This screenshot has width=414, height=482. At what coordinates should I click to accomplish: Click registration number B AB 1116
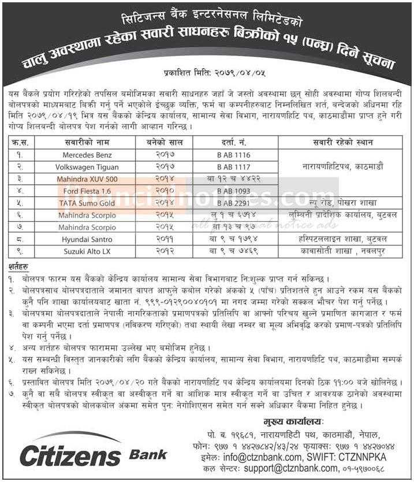tap(235, 155)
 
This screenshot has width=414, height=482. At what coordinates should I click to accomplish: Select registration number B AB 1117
tap(235, 167)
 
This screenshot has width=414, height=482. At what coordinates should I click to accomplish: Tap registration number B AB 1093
tap(235, 191)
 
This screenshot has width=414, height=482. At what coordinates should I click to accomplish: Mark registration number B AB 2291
tap(235, 203)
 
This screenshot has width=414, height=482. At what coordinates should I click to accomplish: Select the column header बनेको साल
tap(163, 142)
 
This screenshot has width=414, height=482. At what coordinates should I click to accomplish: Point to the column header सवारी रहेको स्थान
tap(343, 142)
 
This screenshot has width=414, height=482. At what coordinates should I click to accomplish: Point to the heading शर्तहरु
tap(21, 266)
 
